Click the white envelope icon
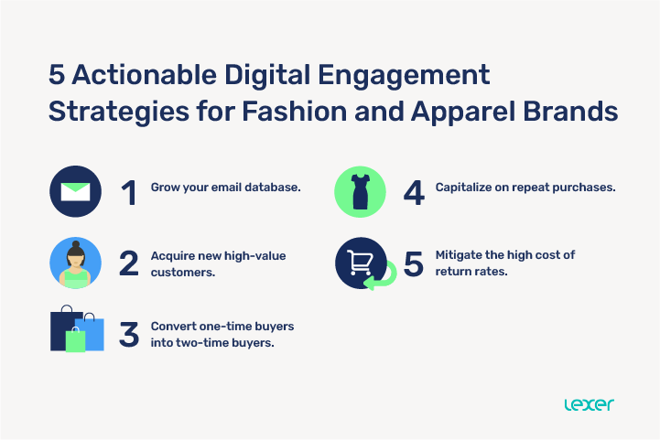[76, 191]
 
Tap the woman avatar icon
[76, 263]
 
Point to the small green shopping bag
[75, 338]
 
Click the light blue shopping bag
[92, 332]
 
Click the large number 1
[128, 192]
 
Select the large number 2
[128, 263]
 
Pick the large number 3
[129, 334]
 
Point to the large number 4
[414, 192]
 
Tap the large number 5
[414, 263]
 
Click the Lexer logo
[590, 403]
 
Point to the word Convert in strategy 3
[173, 327]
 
